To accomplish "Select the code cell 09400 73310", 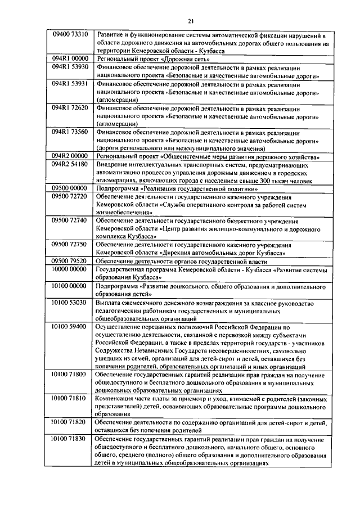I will (x=70, y=34).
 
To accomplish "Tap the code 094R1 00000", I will (x=70, y=58).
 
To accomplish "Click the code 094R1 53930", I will (x=70, y=67).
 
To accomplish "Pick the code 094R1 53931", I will (x=70, y=83).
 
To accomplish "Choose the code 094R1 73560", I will (x=70, y=132).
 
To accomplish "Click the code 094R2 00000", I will (x=70, y=156).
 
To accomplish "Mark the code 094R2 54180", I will (x=70, y=164).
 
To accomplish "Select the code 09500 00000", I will (x=70, y=188).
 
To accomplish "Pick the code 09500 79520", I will (x=70, y=261).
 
